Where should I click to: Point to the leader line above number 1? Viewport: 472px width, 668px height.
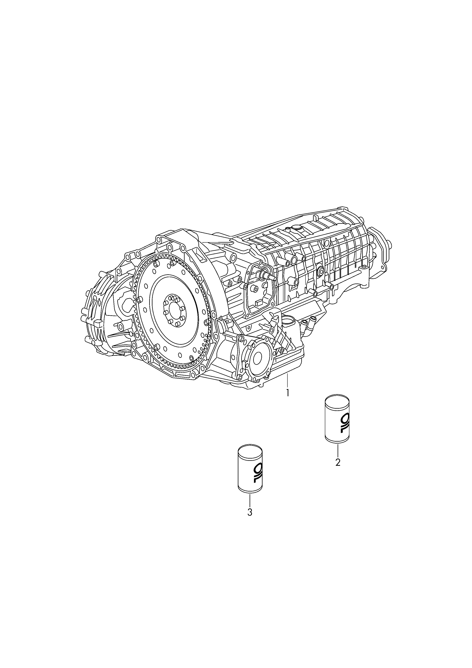click(x=287, y=380)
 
